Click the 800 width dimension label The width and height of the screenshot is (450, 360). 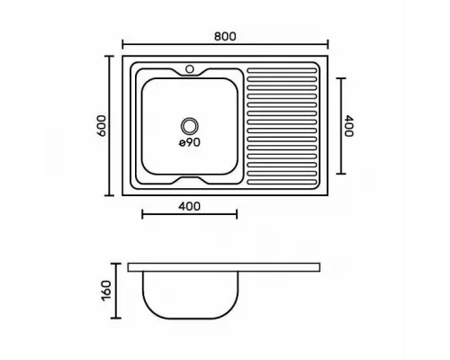click(x=225, y=36)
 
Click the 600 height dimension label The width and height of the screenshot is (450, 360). click(x=102, y=126)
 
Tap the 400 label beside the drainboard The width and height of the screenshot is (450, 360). click(x=348, y=126)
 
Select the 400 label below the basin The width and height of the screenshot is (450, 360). click(x=189, y=206)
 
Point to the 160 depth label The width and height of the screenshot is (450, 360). click(x=106, y=291)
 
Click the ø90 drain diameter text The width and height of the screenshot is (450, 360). click(x=190, y=142)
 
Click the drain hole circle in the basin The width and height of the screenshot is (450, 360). click(x=190, y=126)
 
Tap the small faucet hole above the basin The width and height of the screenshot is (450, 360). click(x=190, y=69)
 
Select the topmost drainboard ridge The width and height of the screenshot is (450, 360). click(x=282, y=71)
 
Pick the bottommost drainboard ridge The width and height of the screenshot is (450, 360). click(x=282, y=182)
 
